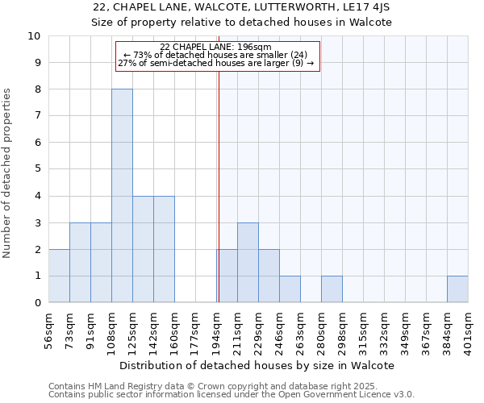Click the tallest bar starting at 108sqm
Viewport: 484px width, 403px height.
(x=122, y=196)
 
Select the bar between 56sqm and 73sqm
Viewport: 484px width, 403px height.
(x=59, y=276)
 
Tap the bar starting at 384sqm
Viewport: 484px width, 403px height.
(x=457, y=289)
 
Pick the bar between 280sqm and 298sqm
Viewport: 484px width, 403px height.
(x=332, y=289)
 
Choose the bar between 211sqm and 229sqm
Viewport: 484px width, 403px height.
(x=248, y=263)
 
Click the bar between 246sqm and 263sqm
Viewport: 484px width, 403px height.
(x=290, y=289)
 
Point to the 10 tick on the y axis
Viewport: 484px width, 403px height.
(x=34, y=36)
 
